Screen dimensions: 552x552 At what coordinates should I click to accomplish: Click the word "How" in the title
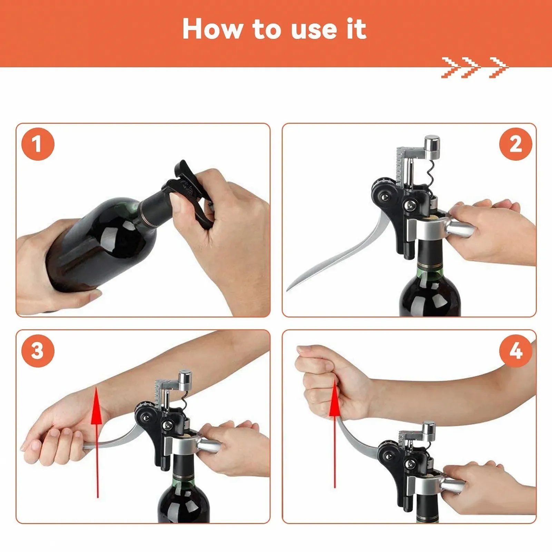click(213, 29)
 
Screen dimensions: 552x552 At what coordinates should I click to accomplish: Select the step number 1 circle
click(38, 144)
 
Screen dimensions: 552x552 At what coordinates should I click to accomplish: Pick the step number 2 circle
click(515, 144)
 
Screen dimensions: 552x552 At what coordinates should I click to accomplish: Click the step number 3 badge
click(38, 351)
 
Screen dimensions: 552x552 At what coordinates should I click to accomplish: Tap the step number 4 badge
click(515, 351)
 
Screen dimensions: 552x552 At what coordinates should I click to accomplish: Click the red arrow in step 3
click(97, 442)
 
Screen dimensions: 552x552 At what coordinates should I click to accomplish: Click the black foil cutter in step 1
click(188, 188)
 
